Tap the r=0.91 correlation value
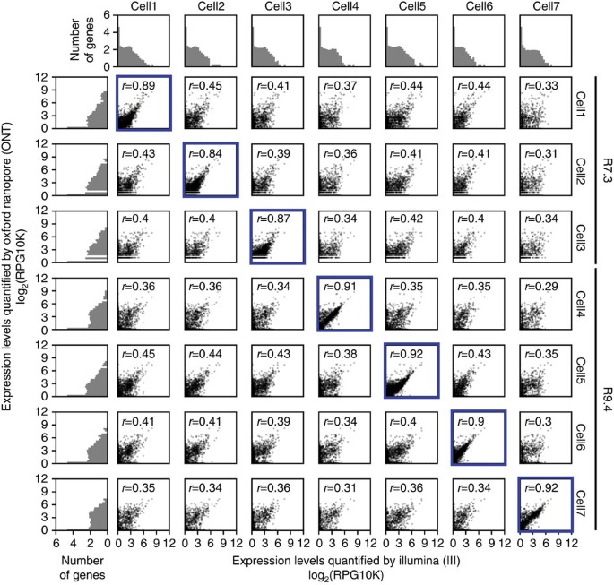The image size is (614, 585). [336, 287]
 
